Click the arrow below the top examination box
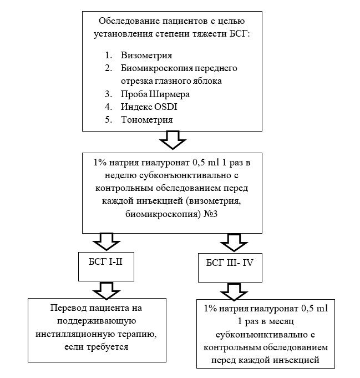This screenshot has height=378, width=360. point(171,140)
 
